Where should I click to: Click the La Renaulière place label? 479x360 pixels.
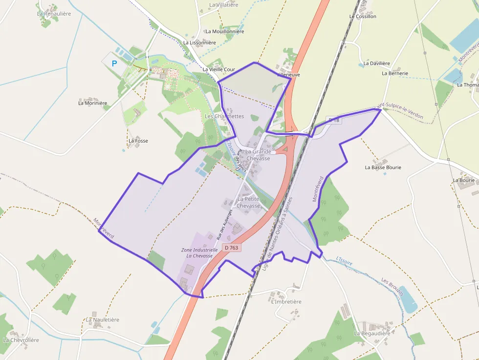point(54,14)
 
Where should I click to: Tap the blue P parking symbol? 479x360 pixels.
point(114,64)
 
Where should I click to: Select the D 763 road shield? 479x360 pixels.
point(232,248)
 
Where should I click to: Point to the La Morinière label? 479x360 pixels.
point(93,103)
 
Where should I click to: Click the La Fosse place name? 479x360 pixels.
point(138,141)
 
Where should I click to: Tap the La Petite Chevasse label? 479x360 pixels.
point(248,202)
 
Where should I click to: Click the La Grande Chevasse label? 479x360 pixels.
point(258,155)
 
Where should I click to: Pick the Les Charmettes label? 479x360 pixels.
point(224,116)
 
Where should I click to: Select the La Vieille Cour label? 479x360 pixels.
point(219,70)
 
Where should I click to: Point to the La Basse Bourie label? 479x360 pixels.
point(383,168)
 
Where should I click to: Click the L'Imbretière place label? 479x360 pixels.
point(286,302)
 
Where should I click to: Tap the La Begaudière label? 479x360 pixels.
point(372,334)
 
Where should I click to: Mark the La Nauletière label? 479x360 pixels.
point(103,320)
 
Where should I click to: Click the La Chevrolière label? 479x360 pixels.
point(21,340)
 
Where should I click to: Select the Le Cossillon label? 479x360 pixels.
point(363,16)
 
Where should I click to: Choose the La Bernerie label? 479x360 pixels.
point(395,73)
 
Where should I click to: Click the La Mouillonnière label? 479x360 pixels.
point(225,31)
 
